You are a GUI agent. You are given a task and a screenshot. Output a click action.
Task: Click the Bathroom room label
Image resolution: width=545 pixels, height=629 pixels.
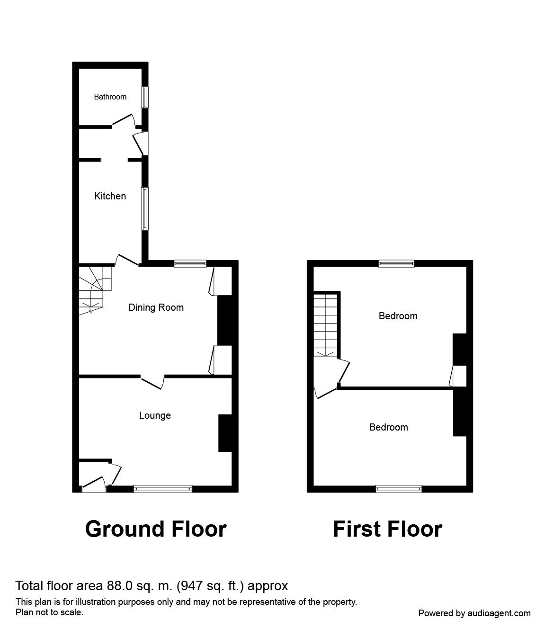click(x=110, y=97)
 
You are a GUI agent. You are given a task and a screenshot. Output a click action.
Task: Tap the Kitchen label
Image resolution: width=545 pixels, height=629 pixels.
click(x=110, y=196)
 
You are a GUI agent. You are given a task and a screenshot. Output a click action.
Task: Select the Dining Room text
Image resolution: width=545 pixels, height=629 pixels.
click(x=156, y=307)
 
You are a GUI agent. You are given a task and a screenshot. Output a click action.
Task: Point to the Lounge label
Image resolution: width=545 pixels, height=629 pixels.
click(x=155, y=415)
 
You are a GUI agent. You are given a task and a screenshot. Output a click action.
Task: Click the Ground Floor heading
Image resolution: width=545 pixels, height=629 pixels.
click(x=156, y=529)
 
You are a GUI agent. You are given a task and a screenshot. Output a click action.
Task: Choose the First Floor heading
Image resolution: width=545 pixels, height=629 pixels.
click(x=387, y=529)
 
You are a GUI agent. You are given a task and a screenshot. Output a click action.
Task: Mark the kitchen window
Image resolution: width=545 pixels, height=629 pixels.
click(x=145, y=208)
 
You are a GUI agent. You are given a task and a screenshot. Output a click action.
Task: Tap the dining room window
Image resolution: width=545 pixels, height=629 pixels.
click(x=190, y=264)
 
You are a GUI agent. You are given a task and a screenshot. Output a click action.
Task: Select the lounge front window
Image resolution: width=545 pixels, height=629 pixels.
click(x=163, y=489)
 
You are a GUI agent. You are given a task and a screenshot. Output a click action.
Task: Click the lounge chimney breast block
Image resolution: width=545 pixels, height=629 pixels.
click(x=225, y=433)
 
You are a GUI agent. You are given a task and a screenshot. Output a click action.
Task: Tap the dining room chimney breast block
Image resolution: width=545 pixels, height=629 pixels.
click(x=224, y=320)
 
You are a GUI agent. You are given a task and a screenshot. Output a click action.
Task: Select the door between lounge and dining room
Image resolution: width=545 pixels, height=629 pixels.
click(x=152, y=382)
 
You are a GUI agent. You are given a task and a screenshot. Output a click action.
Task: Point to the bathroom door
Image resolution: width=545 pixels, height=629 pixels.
click(x=123, y=119)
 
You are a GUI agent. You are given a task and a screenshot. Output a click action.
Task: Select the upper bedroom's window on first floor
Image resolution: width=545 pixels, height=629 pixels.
click(x=396, y=264)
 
